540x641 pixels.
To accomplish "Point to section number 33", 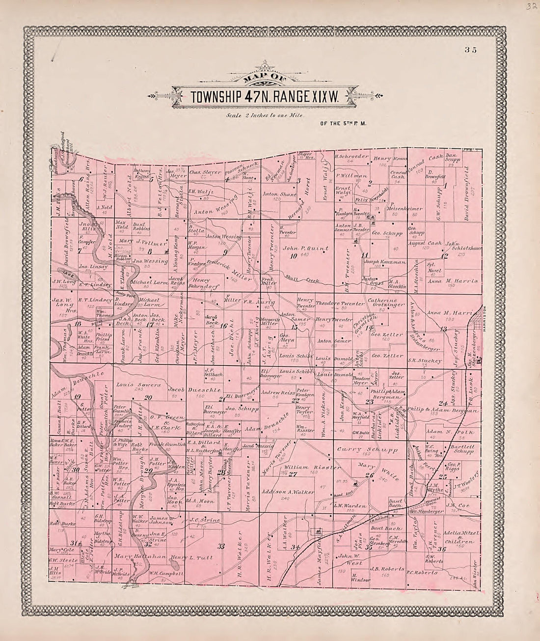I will (221, 546).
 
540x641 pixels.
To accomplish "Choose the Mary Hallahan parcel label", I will (129, 557).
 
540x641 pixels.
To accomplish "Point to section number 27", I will (294, 474).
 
